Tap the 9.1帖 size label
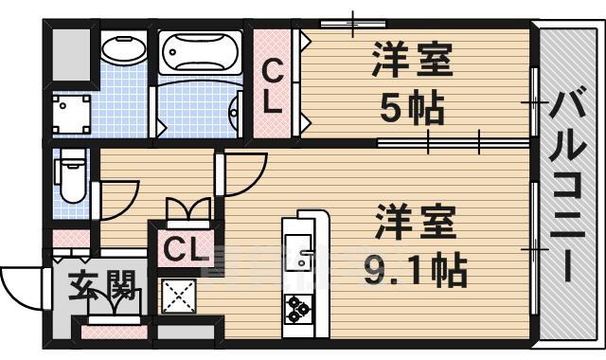pos(416,272)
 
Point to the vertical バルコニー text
pos(569,186)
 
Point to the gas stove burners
pos(298,306)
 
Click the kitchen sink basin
pos(299,256)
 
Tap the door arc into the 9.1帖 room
pos(245,171)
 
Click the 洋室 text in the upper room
pos(411,62)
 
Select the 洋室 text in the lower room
pos(415,225)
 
